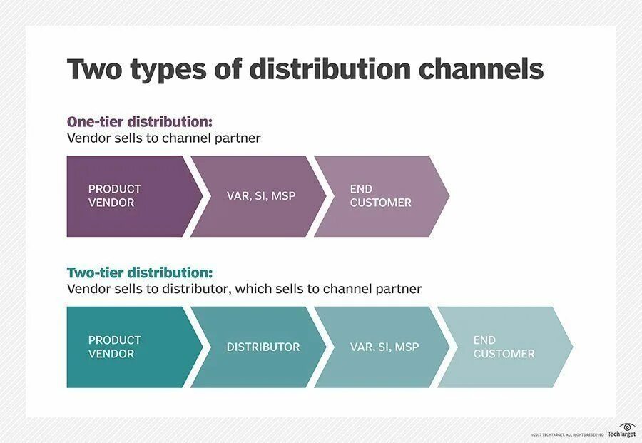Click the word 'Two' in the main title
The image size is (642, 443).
[x=96, y=69]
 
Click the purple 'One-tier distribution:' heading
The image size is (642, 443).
[x=140, y=121]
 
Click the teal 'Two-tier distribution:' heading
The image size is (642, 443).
[x=140, y=273]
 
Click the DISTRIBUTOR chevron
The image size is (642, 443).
[x=263, y=347]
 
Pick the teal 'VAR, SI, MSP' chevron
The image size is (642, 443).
[x=384, y=347]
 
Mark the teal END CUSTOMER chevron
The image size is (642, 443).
[x=503, y=347]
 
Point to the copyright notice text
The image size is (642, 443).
[x=567, y=434]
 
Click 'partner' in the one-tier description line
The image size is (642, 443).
[x=239, y=138]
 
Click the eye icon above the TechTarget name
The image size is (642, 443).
[x=628, y=427]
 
